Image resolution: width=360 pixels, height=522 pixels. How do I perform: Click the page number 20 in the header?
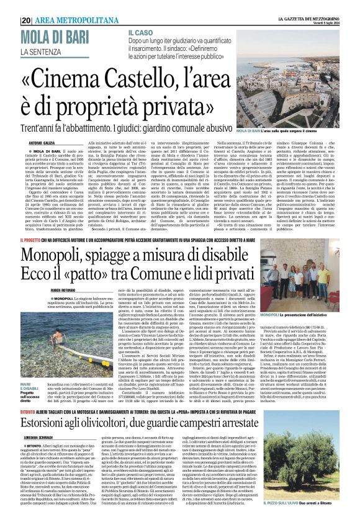coord(27,20)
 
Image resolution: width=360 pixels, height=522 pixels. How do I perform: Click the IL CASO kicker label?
coord(141,31)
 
